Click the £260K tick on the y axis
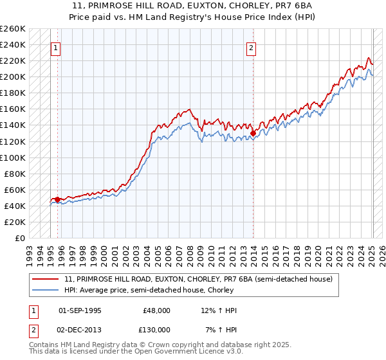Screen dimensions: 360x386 (x=13, y=29)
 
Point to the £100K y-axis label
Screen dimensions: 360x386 (x=13, y=157)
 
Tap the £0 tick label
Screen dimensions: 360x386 (x=19, y=238)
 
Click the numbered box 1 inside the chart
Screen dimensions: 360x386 (x=55, y=47)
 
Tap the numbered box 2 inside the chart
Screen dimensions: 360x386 (x=251, y=47)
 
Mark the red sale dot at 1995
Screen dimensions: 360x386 (x=57, y=199)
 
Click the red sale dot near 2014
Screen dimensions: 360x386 (x=253, y=133)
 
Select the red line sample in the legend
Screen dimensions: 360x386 (x=46, y=279)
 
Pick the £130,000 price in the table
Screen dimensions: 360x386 (x=158, y=329)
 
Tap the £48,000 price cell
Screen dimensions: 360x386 (x=158, y=310)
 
